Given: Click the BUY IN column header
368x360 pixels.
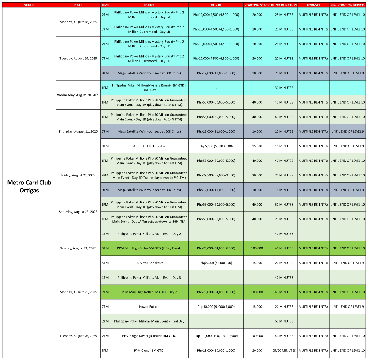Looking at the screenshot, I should [x=216, y=5].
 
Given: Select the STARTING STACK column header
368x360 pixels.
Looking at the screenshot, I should [x=257, y=5].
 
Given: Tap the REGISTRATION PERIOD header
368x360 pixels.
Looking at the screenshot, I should [x=347, y=5].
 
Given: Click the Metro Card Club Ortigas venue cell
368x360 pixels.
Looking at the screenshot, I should [x=29, y=186].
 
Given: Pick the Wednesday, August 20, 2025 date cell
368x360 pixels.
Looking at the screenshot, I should [x=78, y=95].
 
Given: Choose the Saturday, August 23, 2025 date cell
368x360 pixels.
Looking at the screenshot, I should [x=78, y=212].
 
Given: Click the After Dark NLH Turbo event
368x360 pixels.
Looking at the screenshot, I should [x=149, y=146].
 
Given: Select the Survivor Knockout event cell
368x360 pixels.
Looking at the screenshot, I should [x=149, y=263].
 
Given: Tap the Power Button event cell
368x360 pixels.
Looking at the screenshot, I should [x=149, y=307].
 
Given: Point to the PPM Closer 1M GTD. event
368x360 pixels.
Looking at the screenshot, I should [x=149, y=351].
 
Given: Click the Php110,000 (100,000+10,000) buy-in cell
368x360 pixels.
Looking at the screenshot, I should [x=216, y=336].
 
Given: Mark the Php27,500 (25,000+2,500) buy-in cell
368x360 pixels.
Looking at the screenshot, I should [x=216, y=175].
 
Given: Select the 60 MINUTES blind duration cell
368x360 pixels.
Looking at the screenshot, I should [x=284, y=321].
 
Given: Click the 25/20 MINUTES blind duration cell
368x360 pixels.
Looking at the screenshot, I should [x=284, y=351].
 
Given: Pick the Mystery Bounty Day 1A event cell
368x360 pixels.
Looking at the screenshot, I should [x=149, y=15].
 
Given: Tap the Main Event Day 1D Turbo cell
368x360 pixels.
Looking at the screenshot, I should [x=149, y=175].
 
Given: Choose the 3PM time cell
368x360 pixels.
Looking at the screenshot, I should [x=105, y=248].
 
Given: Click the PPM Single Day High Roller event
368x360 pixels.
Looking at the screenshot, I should [x=149, y=336].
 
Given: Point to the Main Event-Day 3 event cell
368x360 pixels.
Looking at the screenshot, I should [x=149, y=278].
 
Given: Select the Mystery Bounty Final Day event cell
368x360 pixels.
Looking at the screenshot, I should [x=149, y=88].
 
